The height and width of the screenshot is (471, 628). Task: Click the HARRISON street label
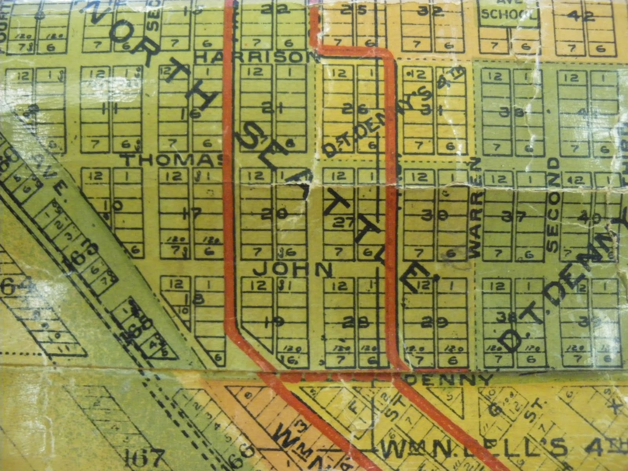pyautogui.click(x=257, y=58)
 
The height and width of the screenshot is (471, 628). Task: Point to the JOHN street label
pyautogui.click(x=293, y=270)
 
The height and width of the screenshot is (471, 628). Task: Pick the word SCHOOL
pyautogui.click(x=508, y=15)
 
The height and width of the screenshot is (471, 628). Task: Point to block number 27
pyautogui.click(x=344, y=223)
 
